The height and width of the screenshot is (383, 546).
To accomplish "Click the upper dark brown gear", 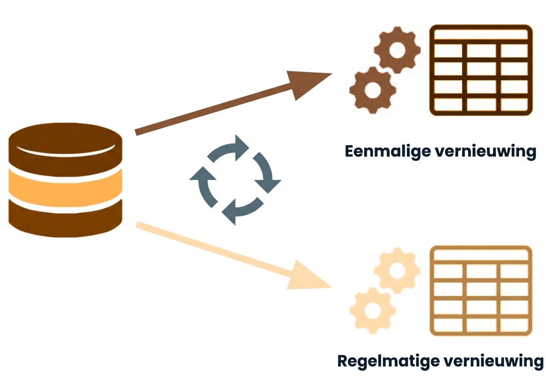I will coord(397,50).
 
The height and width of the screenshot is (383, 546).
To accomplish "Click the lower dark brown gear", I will coord(372,90).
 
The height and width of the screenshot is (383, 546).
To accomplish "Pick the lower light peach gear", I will coord(372,310).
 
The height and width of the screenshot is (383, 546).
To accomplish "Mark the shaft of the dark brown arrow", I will coord(213,109).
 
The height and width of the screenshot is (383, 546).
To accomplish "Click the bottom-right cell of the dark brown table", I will coord(515,104).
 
